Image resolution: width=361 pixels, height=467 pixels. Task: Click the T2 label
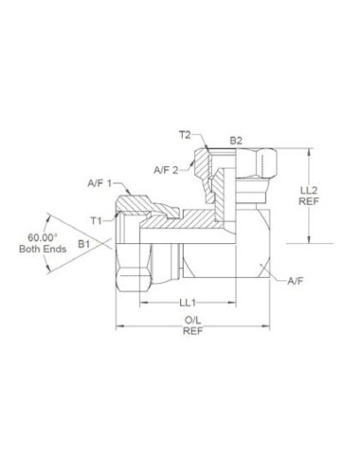(185, 135)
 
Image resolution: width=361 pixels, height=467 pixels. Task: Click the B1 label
(84, 244)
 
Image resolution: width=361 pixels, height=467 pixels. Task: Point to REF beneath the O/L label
(191, 333)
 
